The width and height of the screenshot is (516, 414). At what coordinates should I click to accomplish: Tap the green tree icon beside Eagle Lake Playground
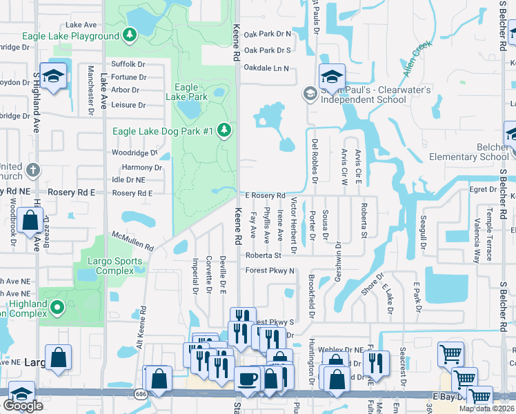pos(129,34)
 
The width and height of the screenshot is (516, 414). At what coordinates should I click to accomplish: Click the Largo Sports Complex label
pos(115,266)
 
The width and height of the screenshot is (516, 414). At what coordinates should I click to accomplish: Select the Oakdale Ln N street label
pos(266,68)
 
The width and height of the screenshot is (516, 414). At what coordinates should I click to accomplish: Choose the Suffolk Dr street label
pos(128,64)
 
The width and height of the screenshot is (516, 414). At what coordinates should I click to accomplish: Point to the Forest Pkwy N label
pos(270,270)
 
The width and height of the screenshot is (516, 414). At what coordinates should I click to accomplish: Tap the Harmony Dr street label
pos(142,168)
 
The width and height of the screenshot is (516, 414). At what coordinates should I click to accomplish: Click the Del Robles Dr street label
pos(315,157)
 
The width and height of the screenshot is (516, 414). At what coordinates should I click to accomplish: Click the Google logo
pos(23,405)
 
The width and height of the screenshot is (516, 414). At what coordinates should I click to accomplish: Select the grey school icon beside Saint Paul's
pos(310,93)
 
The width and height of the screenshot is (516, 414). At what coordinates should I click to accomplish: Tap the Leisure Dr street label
pos(128,106)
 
